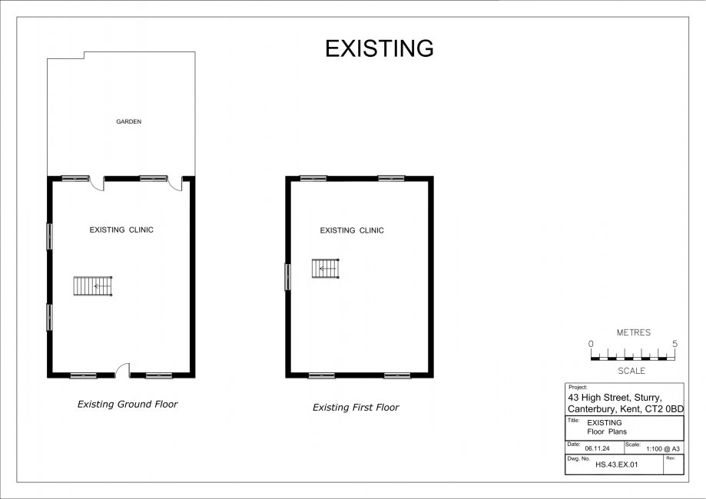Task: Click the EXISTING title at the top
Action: coord(379,48)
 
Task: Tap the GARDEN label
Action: coord(129,121)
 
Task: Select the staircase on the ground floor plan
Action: coord(93,286)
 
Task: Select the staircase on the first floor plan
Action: coord(326,269)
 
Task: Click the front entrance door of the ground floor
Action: coord(122,370)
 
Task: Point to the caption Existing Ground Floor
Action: coord(128,404)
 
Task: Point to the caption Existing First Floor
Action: coord(356,407)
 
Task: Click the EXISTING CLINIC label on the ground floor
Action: coord(121,230)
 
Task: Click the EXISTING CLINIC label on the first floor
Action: coord(352,230)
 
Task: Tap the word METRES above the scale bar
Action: coord(634,332)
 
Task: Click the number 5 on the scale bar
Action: coord(675,344)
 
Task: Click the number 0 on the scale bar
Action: coord(591,344)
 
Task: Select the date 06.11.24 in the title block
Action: coord(597,448)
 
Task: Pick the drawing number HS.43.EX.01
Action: coord(616,464)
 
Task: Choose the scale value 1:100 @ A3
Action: coord(663,448)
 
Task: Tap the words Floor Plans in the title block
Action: coord(606,431)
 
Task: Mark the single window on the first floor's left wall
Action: coord(287,276)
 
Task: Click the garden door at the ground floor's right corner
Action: coord(176,183)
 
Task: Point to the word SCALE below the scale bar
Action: coord(631,371)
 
